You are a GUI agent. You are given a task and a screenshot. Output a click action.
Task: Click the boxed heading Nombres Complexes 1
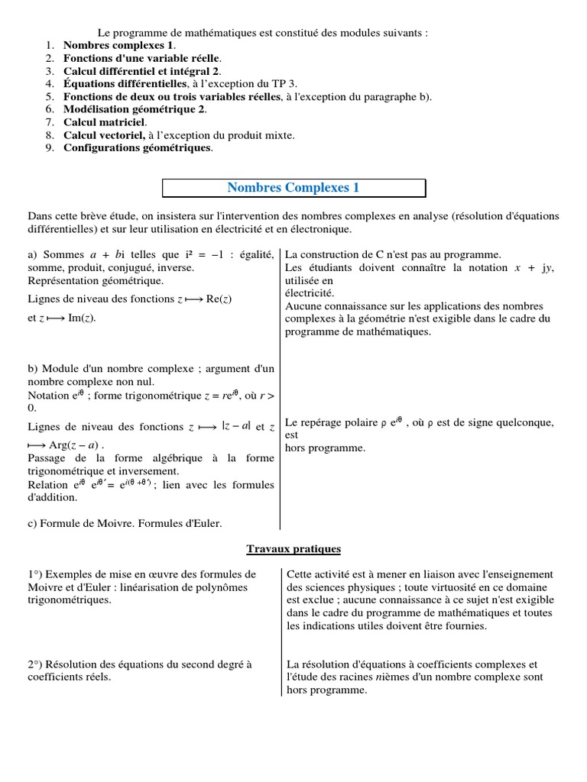click(293, 188)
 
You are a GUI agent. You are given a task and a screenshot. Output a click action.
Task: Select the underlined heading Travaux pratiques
click(293, 549)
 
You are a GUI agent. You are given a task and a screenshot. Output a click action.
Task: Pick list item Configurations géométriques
click(138, 148)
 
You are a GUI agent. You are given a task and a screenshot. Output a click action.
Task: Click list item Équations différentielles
click(125, 84)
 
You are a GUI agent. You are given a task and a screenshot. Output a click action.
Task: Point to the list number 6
click(49, 109)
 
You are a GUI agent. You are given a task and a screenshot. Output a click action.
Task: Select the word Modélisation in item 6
click(97, 109)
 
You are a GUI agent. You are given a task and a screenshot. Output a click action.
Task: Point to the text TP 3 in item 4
click(287, 84)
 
